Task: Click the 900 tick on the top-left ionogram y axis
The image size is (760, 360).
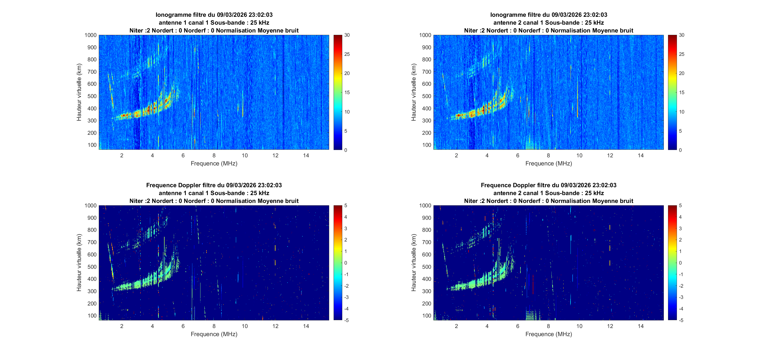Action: tap(92, 47)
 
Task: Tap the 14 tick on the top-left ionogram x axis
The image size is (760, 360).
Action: tap(306, 155)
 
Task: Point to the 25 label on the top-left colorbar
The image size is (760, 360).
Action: tap(347, 54)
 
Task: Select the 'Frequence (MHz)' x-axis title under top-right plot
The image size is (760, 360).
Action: tap(549, 163)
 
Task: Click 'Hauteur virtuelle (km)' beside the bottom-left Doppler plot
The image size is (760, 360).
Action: tap(79, 263)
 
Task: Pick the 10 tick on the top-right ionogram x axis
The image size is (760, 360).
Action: tap(579, 155)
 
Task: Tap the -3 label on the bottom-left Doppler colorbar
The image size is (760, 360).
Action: tap(346, 297)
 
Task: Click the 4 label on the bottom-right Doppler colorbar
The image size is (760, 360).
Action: tap(680, 217)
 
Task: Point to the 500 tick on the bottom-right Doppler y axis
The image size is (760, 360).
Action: tap(426, 267)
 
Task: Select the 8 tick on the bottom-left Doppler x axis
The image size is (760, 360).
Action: tap(214, 326)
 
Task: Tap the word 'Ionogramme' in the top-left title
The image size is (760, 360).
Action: tap(170, 15)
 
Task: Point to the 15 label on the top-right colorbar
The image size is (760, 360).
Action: tap(682, 92)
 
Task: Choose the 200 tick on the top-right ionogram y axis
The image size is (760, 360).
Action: tap(426, 133)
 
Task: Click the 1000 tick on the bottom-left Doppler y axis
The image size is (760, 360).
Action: tap(91, 206)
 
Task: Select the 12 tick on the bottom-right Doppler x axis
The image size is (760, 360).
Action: tap(610, 326)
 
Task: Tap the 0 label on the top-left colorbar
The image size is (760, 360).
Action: tap(346, 150)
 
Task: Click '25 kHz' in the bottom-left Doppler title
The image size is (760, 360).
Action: tap(260, 193)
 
